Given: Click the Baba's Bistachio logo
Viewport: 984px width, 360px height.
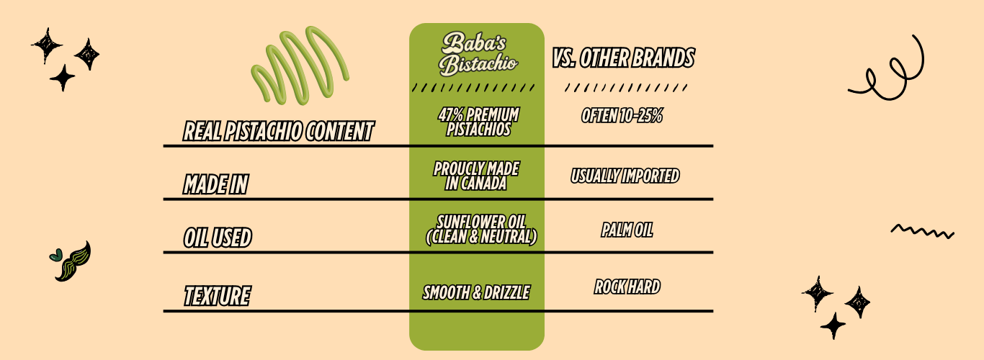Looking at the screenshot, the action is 478,53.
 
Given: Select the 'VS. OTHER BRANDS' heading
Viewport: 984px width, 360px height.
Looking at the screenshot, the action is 623,58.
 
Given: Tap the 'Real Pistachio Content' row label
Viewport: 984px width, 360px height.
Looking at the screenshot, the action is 279,131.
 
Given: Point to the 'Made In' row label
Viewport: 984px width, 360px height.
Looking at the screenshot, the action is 215,184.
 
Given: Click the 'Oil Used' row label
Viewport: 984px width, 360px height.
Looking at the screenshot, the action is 218,238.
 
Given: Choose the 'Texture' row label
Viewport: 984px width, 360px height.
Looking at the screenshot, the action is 217,296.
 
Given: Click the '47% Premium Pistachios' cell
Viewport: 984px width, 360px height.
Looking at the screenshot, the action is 478,122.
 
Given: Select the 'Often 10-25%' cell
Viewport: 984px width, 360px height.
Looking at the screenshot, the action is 622,115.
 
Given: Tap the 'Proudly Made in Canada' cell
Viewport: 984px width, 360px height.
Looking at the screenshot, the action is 476,176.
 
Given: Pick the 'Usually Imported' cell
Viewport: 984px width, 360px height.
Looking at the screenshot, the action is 625,176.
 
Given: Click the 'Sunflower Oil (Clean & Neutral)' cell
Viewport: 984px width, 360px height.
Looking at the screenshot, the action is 481,230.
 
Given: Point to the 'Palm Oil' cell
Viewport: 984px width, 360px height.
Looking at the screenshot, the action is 627,230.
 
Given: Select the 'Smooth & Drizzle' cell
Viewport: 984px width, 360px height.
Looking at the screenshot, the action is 476,292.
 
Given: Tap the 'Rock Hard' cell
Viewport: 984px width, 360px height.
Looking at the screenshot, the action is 627,287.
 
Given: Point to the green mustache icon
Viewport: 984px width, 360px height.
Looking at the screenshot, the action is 75,263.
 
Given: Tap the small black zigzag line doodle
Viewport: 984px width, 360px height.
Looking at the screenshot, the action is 923,231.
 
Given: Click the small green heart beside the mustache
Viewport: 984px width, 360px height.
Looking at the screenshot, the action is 55,255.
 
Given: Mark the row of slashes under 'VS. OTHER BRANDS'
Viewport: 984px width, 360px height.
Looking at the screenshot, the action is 626,88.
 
